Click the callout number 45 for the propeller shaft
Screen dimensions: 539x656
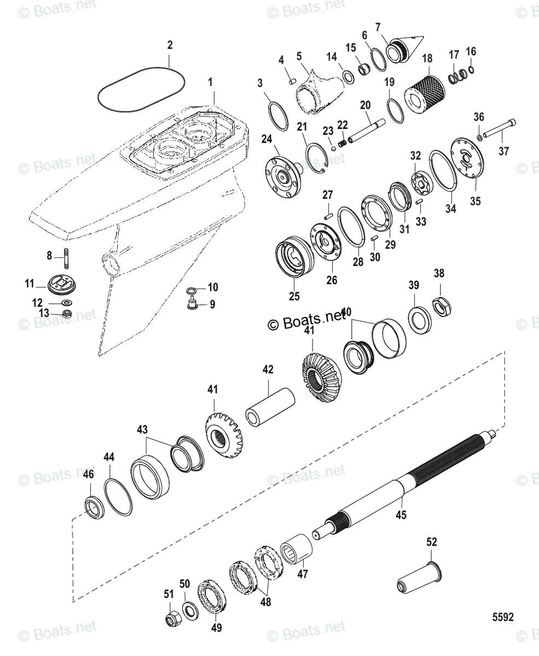401,515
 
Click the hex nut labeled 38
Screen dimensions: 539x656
441,307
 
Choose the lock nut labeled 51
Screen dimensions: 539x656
170,618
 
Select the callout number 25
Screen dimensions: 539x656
294,297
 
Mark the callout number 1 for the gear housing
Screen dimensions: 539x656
209,83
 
